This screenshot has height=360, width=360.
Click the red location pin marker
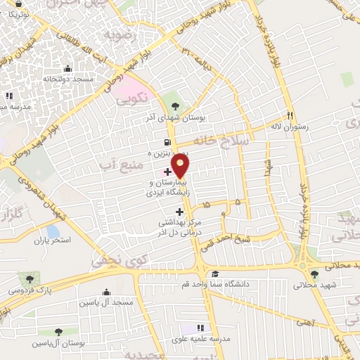pos(181,166)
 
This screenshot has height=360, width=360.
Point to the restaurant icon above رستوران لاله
pos(289,115)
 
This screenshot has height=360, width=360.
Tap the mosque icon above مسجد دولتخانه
pos(67,69)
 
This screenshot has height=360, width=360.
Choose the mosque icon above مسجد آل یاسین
pos(107,292)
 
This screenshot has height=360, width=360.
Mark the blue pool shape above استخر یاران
pos(52,231)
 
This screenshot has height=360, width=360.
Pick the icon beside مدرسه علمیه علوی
pos(200,328)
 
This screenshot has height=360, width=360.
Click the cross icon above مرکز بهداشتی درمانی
pos(179,211)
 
